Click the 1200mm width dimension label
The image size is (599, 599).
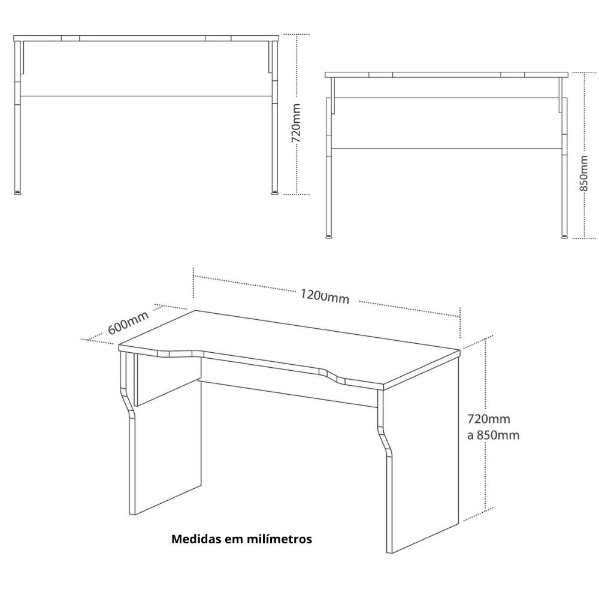click(x=325, y=296)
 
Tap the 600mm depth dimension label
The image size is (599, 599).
click(x=128, y=323)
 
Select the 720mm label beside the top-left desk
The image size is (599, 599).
click(x=297, y=123)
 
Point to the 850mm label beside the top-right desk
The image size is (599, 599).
click(x=583, y=174)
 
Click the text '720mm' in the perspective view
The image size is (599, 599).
click(x=489, y=419)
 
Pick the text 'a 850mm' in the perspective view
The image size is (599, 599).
click(x=493, y=435)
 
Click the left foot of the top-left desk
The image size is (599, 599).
click(x=17, y=193)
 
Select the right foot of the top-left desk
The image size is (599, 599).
click(x=275, y=193)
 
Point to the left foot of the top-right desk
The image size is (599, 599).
click(x=329, y=237)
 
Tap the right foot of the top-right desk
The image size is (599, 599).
click(x=564, y=237)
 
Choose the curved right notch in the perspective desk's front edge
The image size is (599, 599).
click(x=332, y=376)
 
